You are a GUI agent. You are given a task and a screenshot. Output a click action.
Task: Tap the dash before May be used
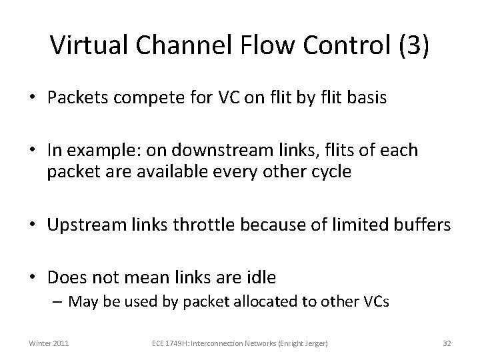(x=59, y=301)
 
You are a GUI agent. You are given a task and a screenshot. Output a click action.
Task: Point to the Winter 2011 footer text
(x=47, y=343)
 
